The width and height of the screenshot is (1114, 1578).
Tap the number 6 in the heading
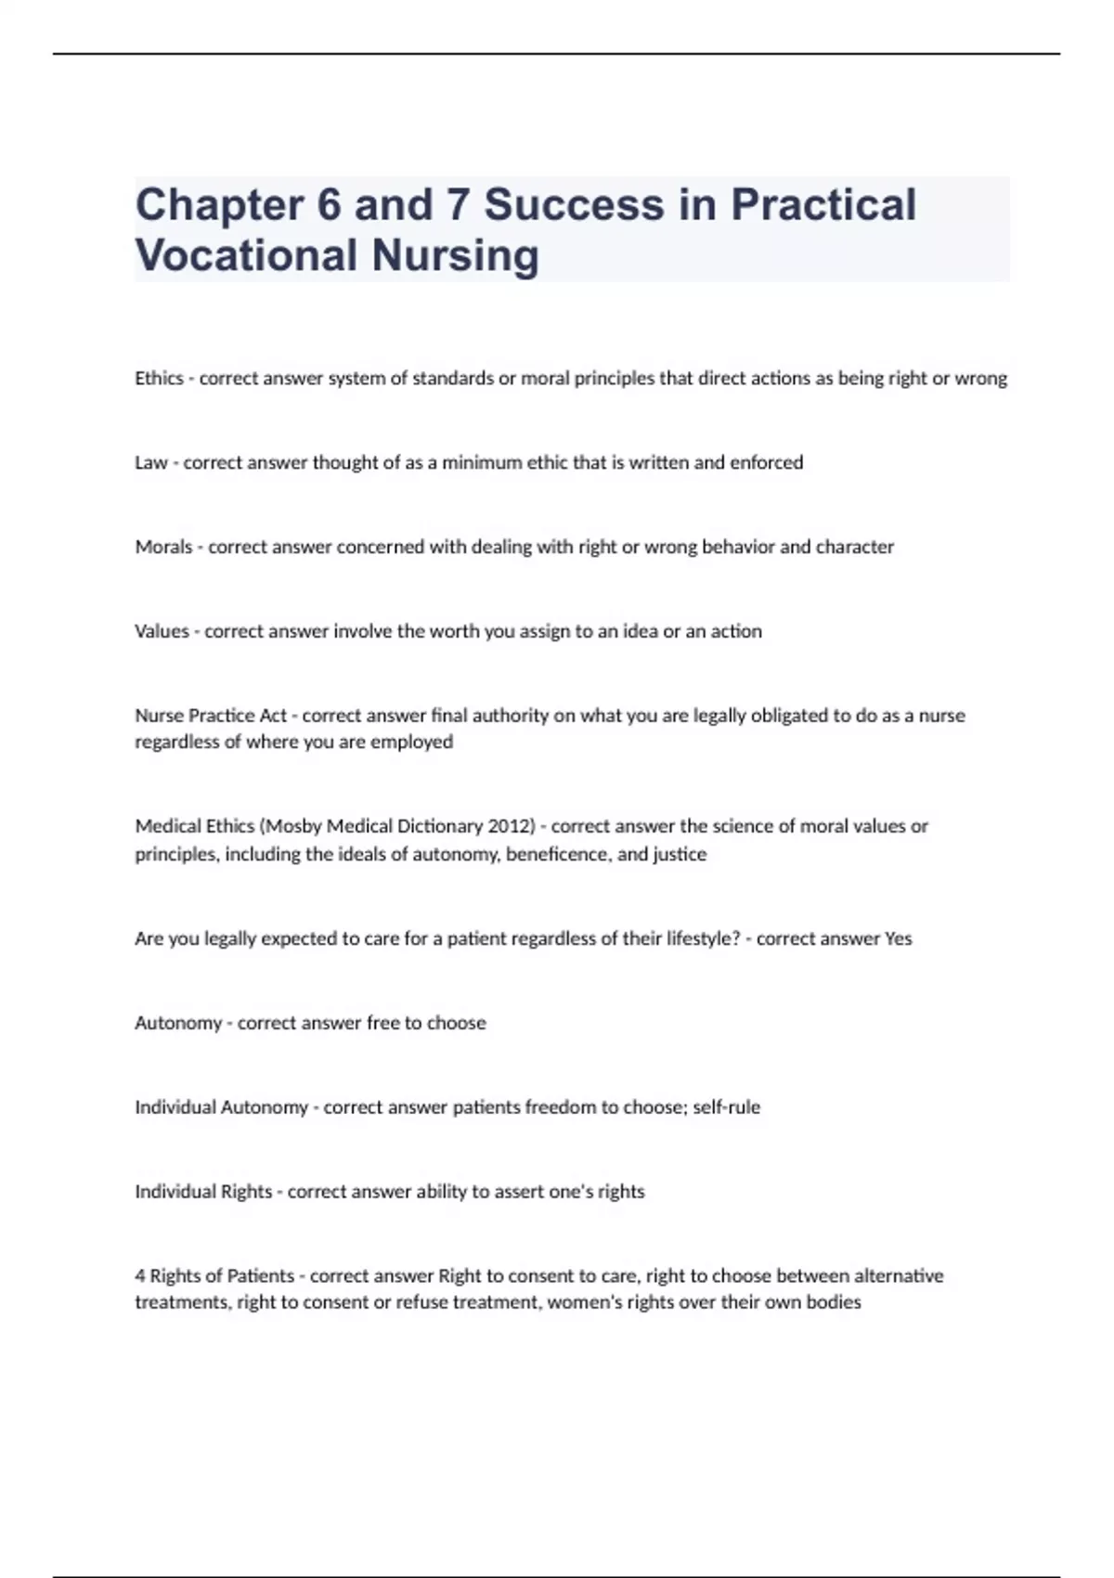pos(329,205)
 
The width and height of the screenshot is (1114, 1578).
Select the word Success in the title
pos(574,205)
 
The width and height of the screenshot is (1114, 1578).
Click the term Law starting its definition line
pos(150,462)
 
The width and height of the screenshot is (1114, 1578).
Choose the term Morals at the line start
pos(163,547)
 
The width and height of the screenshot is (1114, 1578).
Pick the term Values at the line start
pos(162,631)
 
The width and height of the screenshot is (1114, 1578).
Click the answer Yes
pos(899,938)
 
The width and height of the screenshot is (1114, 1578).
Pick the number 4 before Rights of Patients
pos(139,1275)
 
